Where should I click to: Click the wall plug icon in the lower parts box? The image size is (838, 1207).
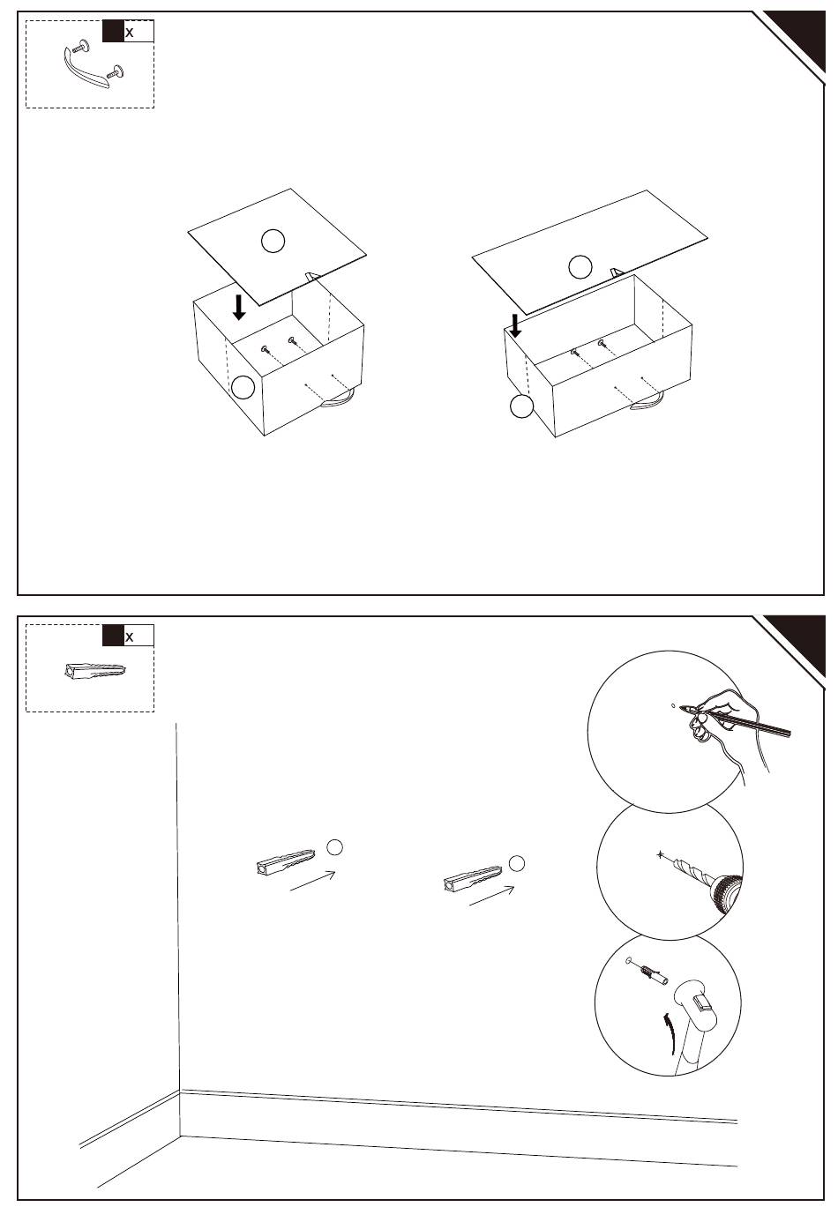click(x=95, y=671)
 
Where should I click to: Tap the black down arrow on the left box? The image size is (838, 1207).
click(x=239, y=307)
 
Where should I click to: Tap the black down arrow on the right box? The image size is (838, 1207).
click(x=515, y=326)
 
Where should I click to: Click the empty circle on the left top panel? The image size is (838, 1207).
click(x=273, y=241)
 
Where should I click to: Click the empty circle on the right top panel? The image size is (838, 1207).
click(x=580, y=267)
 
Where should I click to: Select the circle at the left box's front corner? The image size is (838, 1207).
click(x=243, y=387)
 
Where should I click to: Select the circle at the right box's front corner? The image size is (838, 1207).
click(x=521, y=406)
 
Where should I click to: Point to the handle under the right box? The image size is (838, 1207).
click(x=648, y=403)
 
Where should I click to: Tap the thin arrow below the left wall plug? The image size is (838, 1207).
click(x=313, y=881)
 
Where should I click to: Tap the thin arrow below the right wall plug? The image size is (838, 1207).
click(x=492, y=896)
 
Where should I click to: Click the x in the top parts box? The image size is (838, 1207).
click(x=130, y=33)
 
